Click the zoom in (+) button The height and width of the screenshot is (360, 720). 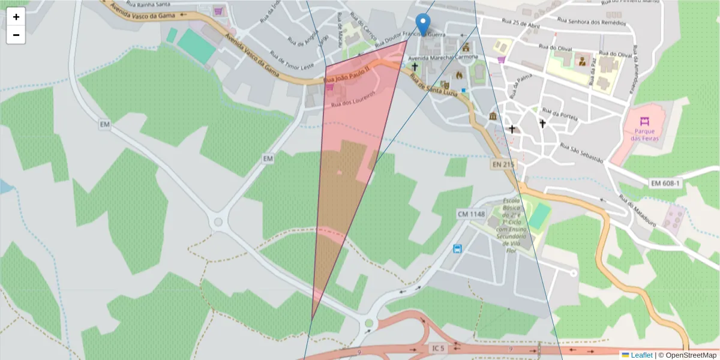16,17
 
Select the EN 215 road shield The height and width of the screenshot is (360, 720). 503,164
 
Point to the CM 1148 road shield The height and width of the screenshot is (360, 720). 470,214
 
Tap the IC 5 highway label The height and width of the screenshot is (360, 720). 439,348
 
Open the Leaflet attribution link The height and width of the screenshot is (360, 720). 641,355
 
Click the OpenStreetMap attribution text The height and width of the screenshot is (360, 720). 687,355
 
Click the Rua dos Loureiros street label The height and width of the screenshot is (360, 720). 353,99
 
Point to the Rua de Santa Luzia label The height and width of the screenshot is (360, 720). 433,85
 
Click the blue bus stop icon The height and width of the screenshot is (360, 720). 457,249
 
